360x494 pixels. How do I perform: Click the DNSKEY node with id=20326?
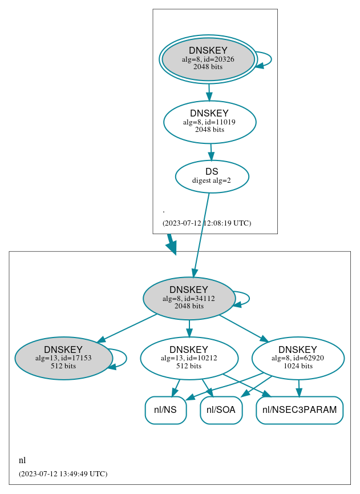pos(208,59)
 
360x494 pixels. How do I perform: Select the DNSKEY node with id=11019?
pos(209,122)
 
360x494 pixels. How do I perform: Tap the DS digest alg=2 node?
pos(212,176)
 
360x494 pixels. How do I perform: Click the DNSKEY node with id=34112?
pos(189,298)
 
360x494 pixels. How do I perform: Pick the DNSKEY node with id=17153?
pos(63,358)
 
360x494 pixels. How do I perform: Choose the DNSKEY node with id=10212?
pos(189,358)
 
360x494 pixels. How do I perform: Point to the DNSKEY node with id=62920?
pos(298,358)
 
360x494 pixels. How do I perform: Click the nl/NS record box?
pos(165,410)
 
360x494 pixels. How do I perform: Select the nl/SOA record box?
pos(221,410)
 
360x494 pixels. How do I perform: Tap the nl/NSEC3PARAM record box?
pos(300,410)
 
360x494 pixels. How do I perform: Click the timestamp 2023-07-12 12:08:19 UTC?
pos(207,223)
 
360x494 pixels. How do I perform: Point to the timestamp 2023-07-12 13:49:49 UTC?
pos(63,474)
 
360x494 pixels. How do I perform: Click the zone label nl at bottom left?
pos(22,460)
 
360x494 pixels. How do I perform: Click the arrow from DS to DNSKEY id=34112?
pos(201,234)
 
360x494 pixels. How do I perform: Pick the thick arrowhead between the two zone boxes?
pos(171,246)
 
